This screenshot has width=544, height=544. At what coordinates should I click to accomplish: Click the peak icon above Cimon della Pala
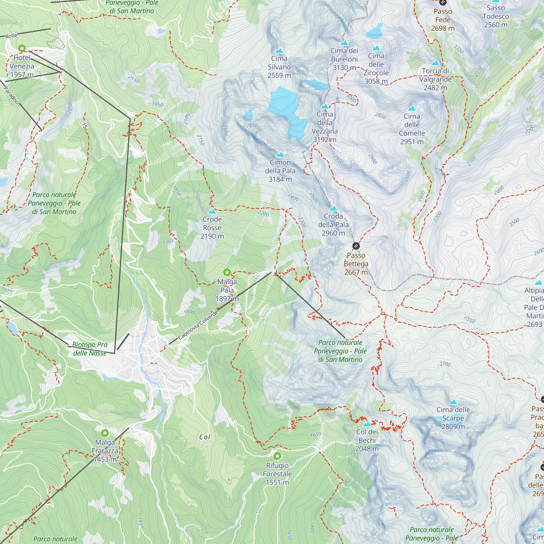coord(280,154)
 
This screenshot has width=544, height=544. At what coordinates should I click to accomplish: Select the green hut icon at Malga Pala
coord(227,272)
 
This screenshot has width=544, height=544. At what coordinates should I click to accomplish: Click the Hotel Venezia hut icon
coord(22,48)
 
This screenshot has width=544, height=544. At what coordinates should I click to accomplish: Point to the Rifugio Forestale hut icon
coord(277,456)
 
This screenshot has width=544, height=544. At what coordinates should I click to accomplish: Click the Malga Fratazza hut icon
coord(105,432)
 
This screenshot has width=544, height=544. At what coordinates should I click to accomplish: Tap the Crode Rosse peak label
coord(212,227)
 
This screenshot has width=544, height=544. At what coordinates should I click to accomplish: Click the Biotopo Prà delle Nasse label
coord(90,349)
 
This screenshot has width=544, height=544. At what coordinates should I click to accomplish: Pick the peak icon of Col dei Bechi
coord(367,424)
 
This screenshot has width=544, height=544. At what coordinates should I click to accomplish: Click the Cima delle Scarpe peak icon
coord(453,402)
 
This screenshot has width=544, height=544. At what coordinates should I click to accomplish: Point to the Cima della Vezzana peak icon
coord(325,106)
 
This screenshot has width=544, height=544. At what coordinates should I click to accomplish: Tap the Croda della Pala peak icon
coord(333,208)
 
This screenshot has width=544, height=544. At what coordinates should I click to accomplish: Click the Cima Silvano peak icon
coord(279,51)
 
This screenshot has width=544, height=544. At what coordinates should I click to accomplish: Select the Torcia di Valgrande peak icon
coord(435,63)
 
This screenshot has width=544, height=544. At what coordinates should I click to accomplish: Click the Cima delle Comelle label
coord(412,129)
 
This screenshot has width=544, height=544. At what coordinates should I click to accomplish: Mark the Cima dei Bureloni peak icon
coord(344,43)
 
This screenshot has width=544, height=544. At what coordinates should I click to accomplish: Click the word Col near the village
coord(205,437)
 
